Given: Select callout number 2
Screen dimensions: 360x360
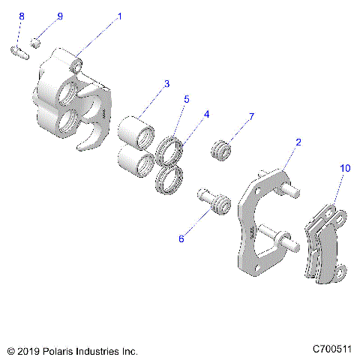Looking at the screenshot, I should tap(298, 142).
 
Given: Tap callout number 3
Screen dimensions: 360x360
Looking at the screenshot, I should tap(167, 83).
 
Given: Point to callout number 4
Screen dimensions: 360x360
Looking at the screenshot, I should tap(205, 115).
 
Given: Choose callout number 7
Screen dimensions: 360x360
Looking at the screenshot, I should tap(251, 116).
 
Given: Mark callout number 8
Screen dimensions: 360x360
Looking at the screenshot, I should tap(21, 16).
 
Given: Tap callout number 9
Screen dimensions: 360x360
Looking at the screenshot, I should tap(60, 16).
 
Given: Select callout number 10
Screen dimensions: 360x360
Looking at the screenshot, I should tap(344, 169).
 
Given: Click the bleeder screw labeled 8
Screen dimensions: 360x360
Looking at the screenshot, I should tap(19, 52).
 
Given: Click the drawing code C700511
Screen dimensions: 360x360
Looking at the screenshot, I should tap(332, 349).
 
